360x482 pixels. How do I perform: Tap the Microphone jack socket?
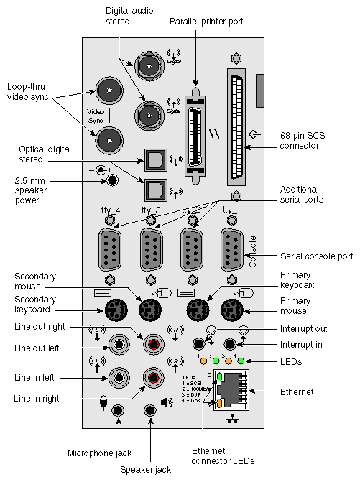tap(119, 410)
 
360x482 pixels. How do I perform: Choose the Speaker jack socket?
tap(151, 410)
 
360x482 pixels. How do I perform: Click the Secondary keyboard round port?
tap(116, 311)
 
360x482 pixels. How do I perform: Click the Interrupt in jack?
tap(231, 343)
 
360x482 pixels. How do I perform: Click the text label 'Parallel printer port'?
tap(207, 22)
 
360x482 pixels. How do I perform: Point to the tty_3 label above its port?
tap(151, 210)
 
